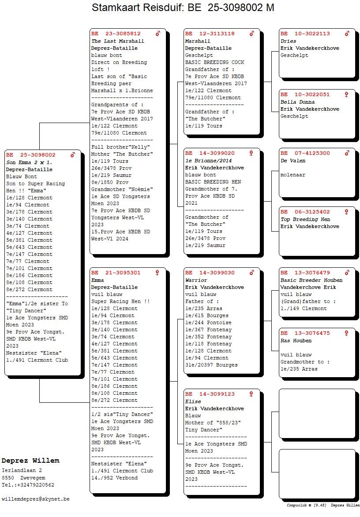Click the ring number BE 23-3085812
tap(116, 34)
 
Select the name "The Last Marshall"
tap(118, 41)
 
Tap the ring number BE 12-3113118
tap(210, 34)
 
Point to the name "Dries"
tap(288, 41)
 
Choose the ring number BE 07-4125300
tap(305, 154)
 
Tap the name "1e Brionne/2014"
tap(208, 161)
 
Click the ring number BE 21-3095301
tap(116, 273)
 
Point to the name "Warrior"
tap(196, 280)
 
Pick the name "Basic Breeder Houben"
tap(311, 280)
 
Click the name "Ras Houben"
tap(296, 341)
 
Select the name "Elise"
tap(193, 401)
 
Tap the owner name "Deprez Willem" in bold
tap(30, 461)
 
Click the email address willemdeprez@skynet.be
tap(36, 499)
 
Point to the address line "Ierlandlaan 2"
tap(22, 471)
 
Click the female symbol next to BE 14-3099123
tap(251, 394)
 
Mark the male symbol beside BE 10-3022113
tap(347, 34)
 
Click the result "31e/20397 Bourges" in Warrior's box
tap(211, 365)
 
